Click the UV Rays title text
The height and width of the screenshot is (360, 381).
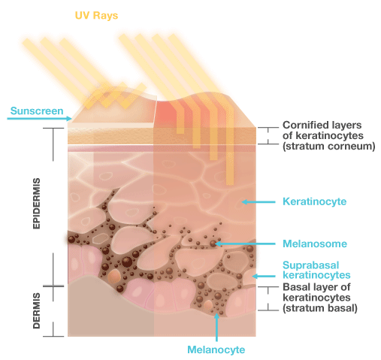(96, 16)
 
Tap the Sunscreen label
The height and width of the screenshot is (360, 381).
(37, 110)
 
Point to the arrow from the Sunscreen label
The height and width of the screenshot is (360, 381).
(39, 118)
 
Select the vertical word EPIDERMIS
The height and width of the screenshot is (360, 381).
(37, 203)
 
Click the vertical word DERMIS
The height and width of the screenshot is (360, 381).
(37, 310)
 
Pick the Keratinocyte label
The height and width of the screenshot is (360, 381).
(314, 201)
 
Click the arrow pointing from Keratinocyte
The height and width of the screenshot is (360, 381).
(259, 201)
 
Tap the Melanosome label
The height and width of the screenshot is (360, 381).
(315, 244)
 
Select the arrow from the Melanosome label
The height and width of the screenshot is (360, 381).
(245, 244)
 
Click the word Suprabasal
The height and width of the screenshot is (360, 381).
(311, 265)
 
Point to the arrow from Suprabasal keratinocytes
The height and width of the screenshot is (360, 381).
(264, 276)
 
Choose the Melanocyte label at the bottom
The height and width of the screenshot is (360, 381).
(216, 349)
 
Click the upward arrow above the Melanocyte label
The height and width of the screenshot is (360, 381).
(216, 327)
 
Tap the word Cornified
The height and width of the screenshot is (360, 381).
(304, 125)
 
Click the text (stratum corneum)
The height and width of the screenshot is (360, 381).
(329, 146)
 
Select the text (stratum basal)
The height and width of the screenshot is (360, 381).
(320, 308)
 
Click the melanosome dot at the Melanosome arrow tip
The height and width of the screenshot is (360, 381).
(213, 244)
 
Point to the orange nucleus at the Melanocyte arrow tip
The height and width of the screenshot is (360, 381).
(208, 305)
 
